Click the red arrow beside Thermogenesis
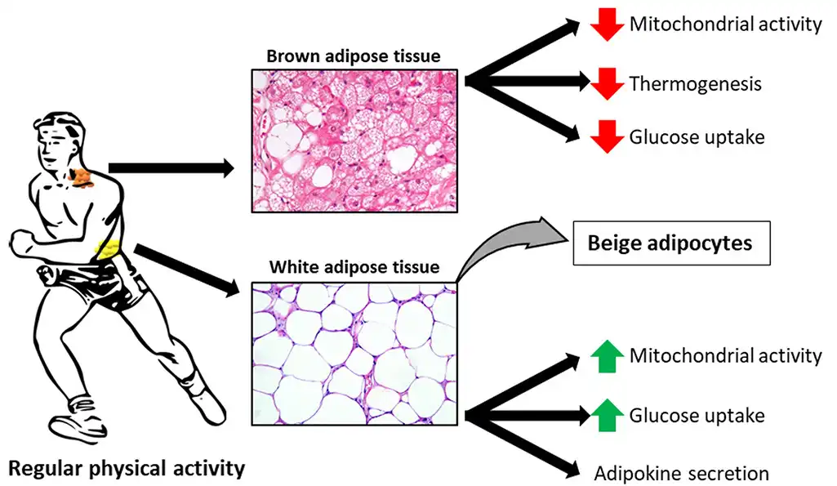[x=607, y=84]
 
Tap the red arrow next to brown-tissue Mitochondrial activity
[x=607, y=25]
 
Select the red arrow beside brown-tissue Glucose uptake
[x=607, y=136]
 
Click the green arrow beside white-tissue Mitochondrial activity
[x=607, y=356]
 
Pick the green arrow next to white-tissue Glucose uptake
[x=607, y=415]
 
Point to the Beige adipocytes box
[x=671, y=243]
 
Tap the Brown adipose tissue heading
[x=354, y=56]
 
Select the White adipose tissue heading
[x=354, y=266]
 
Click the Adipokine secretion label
[x=682, y=474]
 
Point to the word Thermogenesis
[x=695, y=84]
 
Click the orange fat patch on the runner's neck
[x=82, y=178]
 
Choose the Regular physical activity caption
[x=127, y=468]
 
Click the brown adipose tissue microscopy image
[x=354, y=141]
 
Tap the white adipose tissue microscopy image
[x=354, y=354]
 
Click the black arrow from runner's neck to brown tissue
[x=171, y=168]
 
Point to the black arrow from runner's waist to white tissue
[x=187, y=270]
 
